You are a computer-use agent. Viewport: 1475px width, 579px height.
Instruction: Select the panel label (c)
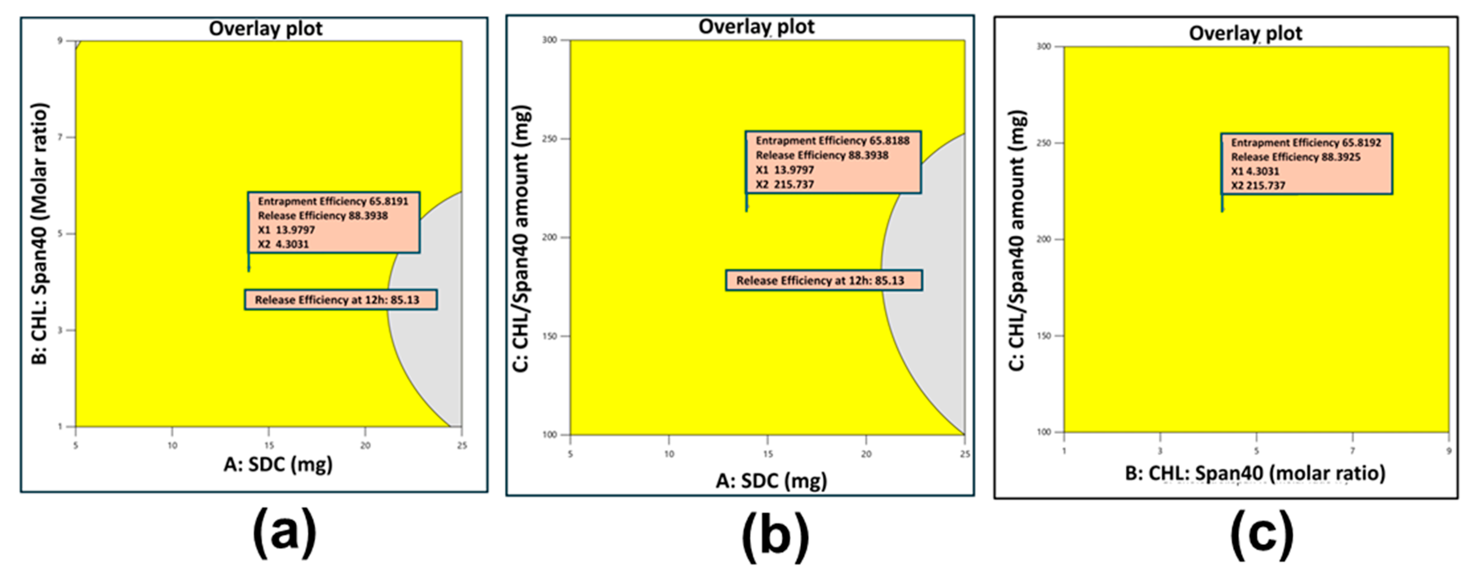(x=1262, y=536)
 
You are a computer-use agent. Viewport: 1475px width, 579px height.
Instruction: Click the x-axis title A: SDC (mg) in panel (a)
(x=278, y=464)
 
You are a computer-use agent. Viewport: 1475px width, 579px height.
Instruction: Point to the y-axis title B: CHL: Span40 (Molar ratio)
(x=40, y=233)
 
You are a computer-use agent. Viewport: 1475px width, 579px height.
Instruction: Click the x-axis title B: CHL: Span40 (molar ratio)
(x=1255, y=473)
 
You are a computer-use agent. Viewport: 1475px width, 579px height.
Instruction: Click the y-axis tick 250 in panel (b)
(x=550, y=139)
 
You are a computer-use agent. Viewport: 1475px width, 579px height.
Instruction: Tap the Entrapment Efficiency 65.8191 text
(x=333, y=202)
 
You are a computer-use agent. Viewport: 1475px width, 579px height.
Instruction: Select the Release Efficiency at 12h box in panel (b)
(x=824, y=280)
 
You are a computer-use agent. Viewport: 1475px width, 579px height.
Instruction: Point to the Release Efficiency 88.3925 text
(x=1296, y=157)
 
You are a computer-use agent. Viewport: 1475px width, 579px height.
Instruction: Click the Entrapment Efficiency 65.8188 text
(x=832, y=141)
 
